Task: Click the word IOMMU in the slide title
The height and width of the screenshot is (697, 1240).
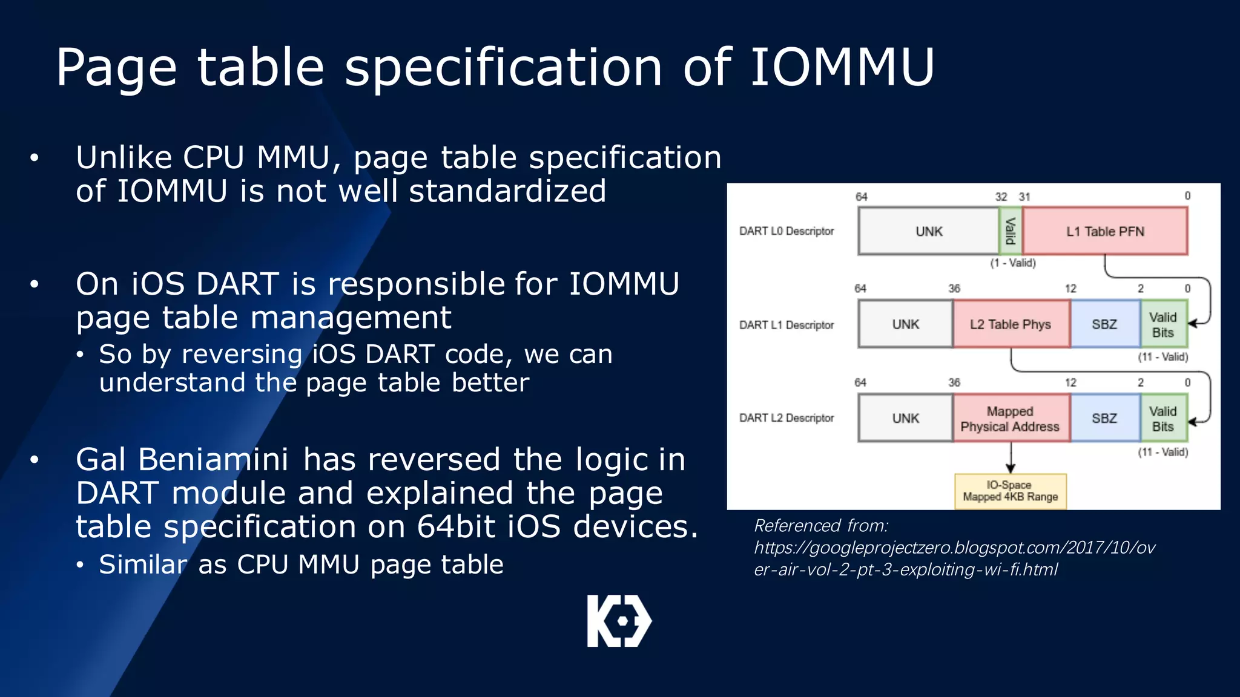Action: pyautogui.click(x=842, y=67)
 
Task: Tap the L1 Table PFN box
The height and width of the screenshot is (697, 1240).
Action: pyautogui.click(x=1104, y=231)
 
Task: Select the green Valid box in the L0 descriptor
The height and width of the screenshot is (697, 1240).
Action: pyautogui.click(x=1010, y=231)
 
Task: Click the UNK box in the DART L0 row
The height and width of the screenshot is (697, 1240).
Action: pyautogui.click(x=928, y=231)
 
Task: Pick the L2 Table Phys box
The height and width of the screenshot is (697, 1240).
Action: pyautogui.click(x=1011, y=324)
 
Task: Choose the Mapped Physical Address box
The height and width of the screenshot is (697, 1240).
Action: pyautogui.click(x=1010, y=419)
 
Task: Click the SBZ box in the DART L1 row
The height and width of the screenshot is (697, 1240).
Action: pyautogui.click(x=1104, y=324)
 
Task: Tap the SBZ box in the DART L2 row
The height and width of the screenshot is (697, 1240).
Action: pyautogui.click(x=1104, y=419)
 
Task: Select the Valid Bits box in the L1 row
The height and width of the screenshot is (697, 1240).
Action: pyautogui.click(x=1162, y=325)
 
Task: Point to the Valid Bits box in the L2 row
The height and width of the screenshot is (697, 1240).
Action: pyautogui.click(x=1162, y=419)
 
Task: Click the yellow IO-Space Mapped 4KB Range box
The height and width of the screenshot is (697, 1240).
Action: pyautogui.click(x=1010, y=491)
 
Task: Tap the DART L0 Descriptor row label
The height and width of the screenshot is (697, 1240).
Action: pyautogui.click(x=787, y=231)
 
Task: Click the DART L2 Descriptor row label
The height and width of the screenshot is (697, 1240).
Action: pyautogui.click(x=787, y=418)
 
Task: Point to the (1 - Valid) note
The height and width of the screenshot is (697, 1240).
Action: pyautogui.click(x=1013, y=263)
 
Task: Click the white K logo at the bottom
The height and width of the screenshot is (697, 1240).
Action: pyautogui.click(x=619, y=621)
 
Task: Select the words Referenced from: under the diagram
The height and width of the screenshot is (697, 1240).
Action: pyautogui.click(x=820, y=526)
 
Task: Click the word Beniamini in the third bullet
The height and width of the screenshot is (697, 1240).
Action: pyautogui.click(x=213, y=460)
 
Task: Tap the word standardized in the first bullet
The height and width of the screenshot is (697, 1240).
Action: pyautogui.click(x=507, y=191)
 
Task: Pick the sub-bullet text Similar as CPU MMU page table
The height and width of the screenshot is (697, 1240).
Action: pyautogui.click(x=301, y=564)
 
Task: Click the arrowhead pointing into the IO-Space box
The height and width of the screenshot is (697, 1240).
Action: pyautogui.click(x=1010, y=468)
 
